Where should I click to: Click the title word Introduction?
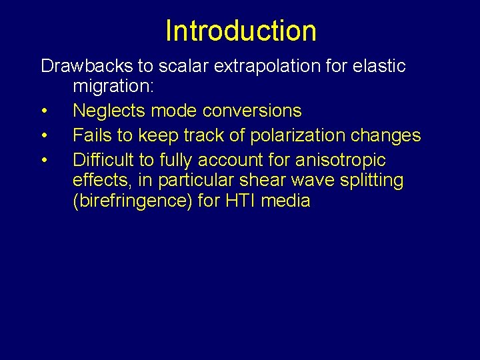coord(241,31)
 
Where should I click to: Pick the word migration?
coord(113,86)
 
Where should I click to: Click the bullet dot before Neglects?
coord(43,111)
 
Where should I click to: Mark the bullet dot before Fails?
coord(43,136)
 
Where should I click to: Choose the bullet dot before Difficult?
coord(43,161)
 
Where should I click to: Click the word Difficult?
coord(103,160)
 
